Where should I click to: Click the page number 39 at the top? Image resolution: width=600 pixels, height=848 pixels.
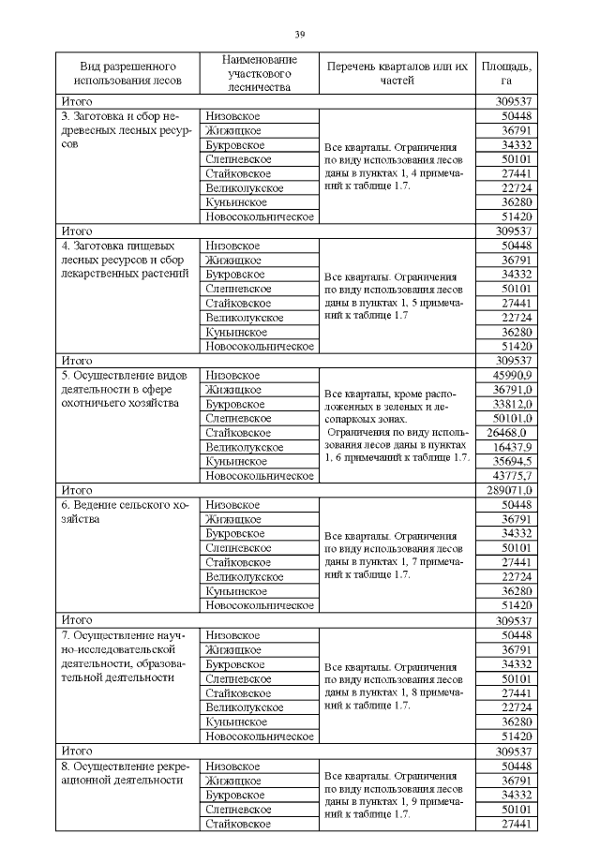coord(299,35)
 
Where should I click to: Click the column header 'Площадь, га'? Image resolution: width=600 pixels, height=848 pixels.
coord(506,73)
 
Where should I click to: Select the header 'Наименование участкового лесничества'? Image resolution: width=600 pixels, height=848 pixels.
coord(259,73)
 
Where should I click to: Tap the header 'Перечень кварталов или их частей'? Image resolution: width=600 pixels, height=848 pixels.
coord(397,73)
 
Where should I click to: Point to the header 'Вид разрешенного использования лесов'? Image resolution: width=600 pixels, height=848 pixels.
coord(128,73)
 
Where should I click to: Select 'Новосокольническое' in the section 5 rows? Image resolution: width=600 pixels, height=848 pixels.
coord(259,476)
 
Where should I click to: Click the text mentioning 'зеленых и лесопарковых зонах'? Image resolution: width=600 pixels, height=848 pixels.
coord(397,403)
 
